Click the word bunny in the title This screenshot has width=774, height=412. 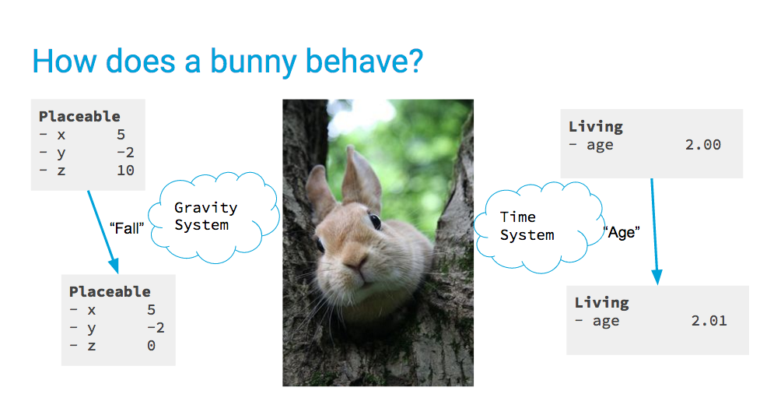pos(254,62)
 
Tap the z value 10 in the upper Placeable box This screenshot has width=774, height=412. pos(125,171)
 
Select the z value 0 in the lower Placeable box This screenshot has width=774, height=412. pos(151,346)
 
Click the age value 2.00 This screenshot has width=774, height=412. pos(703,145)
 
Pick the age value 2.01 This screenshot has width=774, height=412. pos(709,321)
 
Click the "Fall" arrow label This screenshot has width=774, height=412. pos(127,228)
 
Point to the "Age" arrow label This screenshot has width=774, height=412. pos(622,232)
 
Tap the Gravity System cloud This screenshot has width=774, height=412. pos(214,217)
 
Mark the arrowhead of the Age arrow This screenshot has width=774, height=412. pos(657,277)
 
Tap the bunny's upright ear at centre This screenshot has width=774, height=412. pos(362,178)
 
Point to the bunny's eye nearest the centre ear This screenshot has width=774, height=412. pos(375,221)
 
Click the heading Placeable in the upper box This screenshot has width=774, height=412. pos(79,117)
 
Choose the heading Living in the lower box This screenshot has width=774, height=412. pos(602,302)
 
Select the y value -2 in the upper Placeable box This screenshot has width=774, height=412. pos(125,152)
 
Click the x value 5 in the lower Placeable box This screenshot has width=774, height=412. pos(151,310)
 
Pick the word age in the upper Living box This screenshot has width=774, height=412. pos(600,146)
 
